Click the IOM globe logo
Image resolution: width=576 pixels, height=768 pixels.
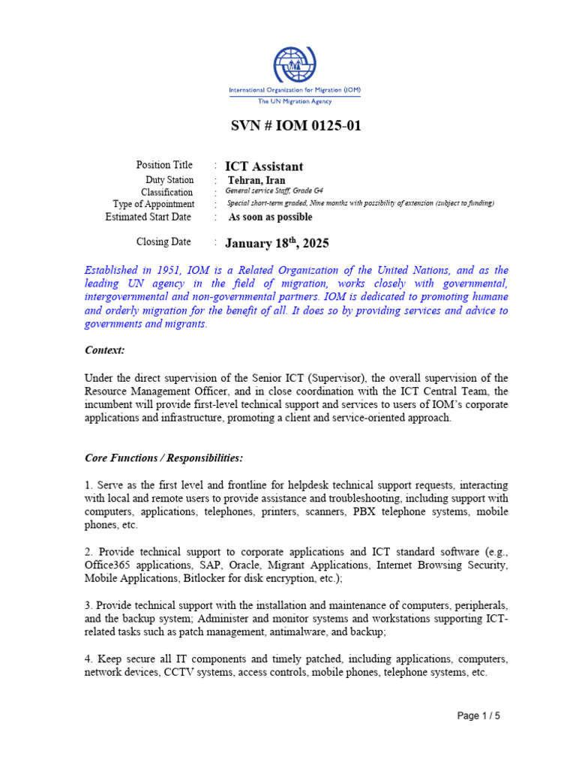pos(295,65)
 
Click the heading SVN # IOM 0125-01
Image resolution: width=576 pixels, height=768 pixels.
pos(295,125)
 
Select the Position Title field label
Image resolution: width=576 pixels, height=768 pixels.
pos(164,165)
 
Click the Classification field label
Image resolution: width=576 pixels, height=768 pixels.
pos(167,192)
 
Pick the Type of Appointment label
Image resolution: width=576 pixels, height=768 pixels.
pos(154,204)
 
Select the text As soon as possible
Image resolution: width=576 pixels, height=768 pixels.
pos(270,217)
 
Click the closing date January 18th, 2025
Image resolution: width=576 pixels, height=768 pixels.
pos(277,244)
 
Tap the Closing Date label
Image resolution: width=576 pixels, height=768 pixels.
pos(163,242)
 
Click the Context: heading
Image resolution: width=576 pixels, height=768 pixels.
pos(104,350)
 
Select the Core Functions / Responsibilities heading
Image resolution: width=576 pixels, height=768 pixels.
pos(163,457)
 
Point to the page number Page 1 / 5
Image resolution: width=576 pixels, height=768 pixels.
pos(478,715)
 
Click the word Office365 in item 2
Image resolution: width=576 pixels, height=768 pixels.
pos(106,565)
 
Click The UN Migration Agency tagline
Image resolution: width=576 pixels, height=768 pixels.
pos(295,101)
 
